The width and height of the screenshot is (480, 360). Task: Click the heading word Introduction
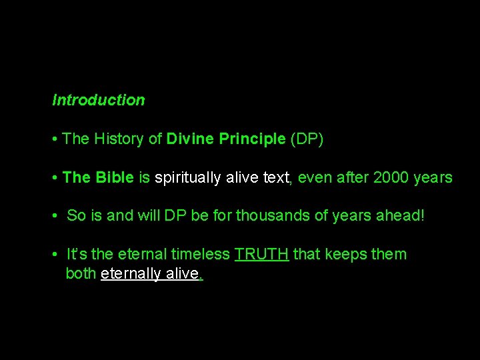pos(99,100)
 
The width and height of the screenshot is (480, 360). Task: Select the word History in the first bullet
pos(118,139)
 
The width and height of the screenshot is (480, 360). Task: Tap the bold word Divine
pos(189,139)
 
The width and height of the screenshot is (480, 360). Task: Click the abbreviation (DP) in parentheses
pos(307,139)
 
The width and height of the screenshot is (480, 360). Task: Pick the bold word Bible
pos(115,177)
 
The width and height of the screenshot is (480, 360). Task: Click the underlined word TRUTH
pos(261,255)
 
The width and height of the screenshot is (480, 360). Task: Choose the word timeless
pos(201,255)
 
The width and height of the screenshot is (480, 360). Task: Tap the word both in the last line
pos(81,274)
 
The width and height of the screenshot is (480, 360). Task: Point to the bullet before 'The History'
pos(54,139)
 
